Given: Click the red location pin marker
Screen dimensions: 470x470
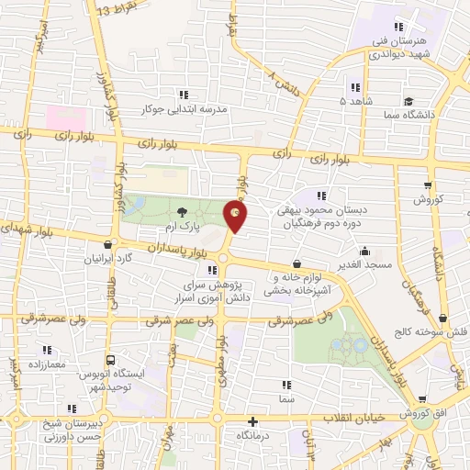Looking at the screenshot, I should tap(236, 216).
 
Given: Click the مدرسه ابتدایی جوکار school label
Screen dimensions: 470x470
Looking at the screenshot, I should tap(183, 108).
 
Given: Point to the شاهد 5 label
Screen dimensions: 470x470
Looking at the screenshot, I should tap(353, 101).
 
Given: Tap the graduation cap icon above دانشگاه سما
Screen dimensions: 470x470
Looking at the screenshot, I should tap(408, 102).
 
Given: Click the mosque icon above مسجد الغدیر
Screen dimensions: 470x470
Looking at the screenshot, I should tap(364, 251).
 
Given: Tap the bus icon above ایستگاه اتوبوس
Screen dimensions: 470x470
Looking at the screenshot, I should tap(110, 361).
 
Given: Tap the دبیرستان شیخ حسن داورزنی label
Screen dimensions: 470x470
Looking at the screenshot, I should tap(73, 431).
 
